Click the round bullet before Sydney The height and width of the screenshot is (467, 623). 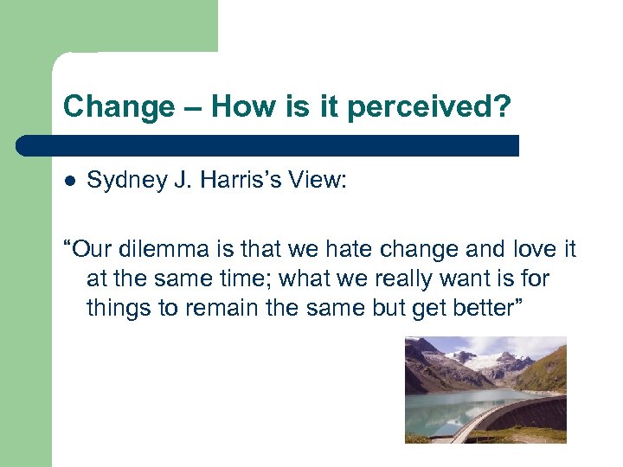pyautogui.click(x=70, y=181)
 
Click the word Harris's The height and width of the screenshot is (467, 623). pyautogui.click(x=226, y=180)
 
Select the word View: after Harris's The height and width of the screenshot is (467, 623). pyautogui.click(x=316, y=180)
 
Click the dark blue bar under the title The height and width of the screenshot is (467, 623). pyautogui.click(x=268, y=144)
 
